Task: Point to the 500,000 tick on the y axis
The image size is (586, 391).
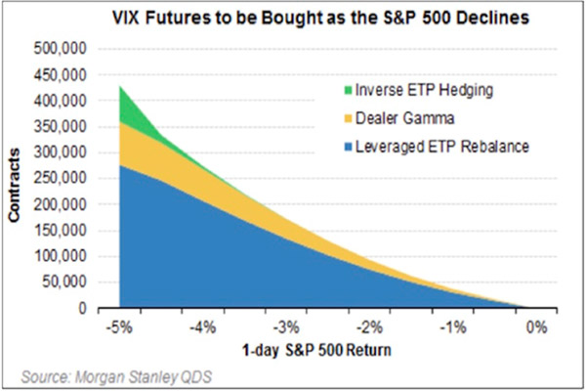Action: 61,49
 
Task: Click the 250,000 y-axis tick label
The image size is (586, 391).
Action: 61,179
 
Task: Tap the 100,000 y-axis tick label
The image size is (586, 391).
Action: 61,256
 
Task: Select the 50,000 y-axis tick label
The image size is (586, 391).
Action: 64,282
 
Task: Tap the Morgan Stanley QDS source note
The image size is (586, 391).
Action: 120,375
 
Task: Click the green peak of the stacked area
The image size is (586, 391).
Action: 120,90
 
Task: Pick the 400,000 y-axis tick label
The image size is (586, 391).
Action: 61,101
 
